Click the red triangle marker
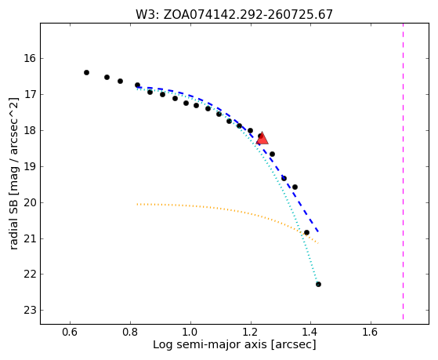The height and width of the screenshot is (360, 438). click(262, 138)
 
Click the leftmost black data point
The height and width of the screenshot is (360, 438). click(87, 72)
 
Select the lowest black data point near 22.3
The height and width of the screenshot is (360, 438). click(318, 284)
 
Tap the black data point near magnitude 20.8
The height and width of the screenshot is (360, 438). click(306, 232)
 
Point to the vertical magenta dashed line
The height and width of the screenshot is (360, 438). click(403, 171)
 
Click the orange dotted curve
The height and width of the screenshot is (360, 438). click(223, 209)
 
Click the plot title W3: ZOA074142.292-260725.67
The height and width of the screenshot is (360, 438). click(234, 14)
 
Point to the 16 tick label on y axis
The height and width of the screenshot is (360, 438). click(30, 59)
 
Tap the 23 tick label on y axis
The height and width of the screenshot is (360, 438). click(30, 311)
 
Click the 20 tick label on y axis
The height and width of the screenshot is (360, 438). click(30, 202)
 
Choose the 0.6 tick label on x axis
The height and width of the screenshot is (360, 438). click(70, 332)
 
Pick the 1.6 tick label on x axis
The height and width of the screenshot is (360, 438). click(371, 332)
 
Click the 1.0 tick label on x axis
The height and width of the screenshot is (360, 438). click(190, 332)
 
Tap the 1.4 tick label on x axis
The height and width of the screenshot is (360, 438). click(310, 332)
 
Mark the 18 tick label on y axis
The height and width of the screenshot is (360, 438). click(30, 131)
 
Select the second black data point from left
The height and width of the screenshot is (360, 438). click(107, 77)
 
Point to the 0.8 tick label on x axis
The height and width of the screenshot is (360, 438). click(130, 332)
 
